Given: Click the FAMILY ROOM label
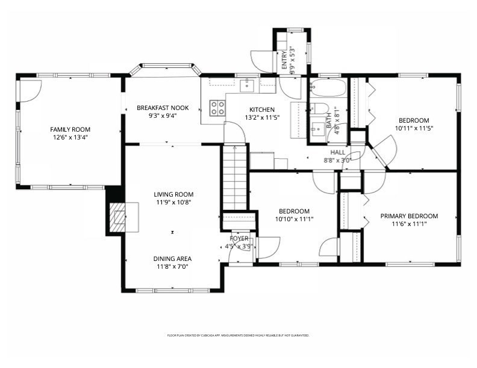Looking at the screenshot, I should click(70, 129).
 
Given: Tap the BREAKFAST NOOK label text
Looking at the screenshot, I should click(163, 108).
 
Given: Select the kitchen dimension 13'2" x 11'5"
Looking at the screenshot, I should click(262, 118).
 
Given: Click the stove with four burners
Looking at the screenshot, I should click(217, 108).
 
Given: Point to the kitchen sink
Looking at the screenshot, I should click(247, 86).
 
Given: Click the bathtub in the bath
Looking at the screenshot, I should click(328, 91).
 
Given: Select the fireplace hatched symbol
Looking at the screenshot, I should click(117, 216).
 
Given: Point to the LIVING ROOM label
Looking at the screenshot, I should click(173, 194).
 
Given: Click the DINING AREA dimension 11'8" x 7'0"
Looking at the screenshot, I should click(173, 266).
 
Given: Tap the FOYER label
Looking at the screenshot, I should click(238, 239).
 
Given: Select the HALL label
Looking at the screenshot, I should click(337, 153).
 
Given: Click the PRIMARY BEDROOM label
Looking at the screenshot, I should click(409, 216).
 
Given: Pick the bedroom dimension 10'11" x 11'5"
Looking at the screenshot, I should click(414, 128).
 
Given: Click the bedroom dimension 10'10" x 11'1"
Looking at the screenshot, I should click(294, 219).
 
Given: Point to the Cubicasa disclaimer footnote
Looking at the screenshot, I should click(238, 335).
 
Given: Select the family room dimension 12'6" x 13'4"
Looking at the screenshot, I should click(70, 137).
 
